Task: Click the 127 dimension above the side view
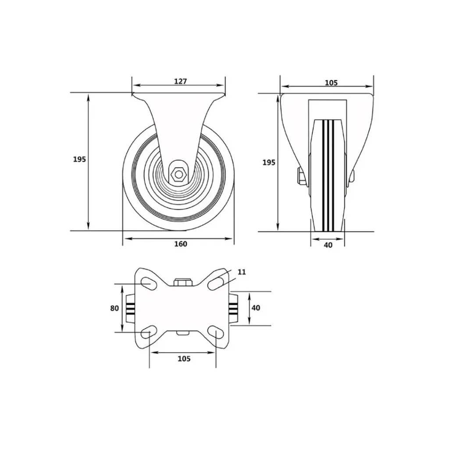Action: [x=180, y=81]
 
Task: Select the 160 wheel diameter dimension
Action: [x=181, y=244]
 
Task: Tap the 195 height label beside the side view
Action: [x=79, y=159]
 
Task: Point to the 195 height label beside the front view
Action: [x=269, y=162]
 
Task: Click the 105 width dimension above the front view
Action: [x=331, y=83]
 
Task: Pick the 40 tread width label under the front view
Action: [x=328, y=245]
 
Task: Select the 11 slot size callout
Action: [x=242, y=272]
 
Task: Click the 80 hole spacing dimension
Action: [x=114, y=308]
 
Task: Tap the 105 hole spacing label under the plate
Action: [x=184, y=359]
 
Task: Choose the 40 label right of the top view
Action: [x=256, y=307]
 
